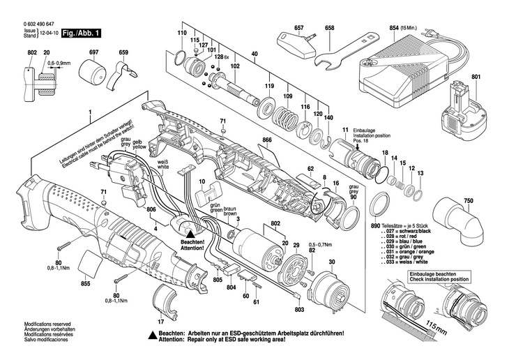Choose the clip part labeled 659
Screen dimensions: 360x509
(123, 69)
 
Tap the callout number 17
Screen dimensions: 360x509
(160, 322)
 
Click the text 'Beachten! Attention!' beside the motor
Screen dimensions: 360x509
(192, 245)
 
